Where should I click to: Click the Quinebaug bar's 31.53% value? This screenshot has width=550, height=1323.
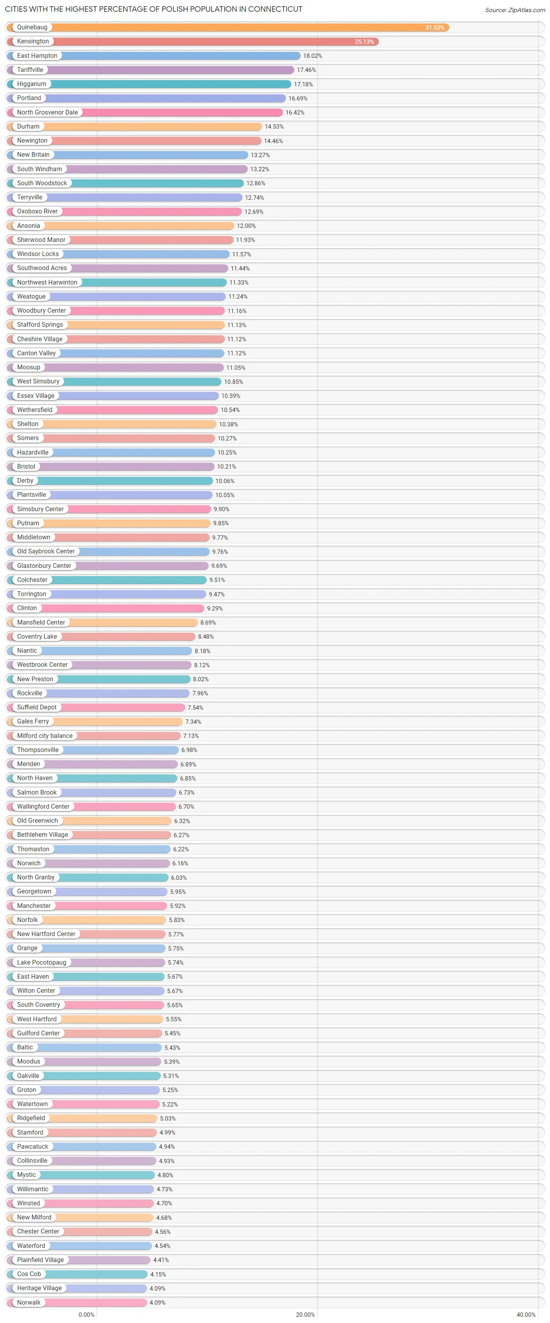(434, 28)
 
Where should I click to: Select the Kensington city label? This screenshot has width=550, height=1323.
(33, 41)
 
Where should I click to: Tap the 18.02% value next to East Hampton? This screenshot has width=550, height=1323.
(313, 56)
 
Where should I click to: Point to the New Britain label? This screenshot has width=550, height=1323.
(33, 155)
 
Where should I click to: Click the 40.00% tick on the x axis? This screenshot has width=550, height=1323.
(526, 1314)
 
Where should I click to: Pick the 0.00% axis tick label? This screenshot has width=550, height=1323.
(86, 1314)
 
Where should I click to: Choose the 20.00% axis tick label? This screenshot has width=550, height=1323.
(306, 1314)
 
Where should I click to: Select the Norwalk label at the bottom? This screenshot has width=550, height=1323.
(29, 1302)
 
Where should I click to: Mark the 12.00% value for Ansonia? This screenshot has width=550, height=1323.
(246, 226)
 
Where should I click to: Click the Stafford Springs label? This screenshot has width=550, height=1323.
(40, 324)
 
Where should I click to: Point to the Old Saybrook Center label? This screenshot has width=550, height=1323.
(46, 551)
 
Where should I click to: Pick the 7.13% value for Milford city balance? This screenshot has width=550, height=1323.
(191, 736)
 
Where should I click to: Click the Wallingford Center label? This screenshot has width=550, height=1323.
(43, 806)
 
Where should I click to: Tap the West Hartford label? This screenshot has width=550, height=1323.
(37, 1019)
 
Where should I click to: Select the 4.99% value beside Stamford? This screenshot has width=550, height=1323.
(167, 1132)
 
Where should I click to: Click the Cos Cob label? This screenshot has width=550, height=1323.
(29, 1274)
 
